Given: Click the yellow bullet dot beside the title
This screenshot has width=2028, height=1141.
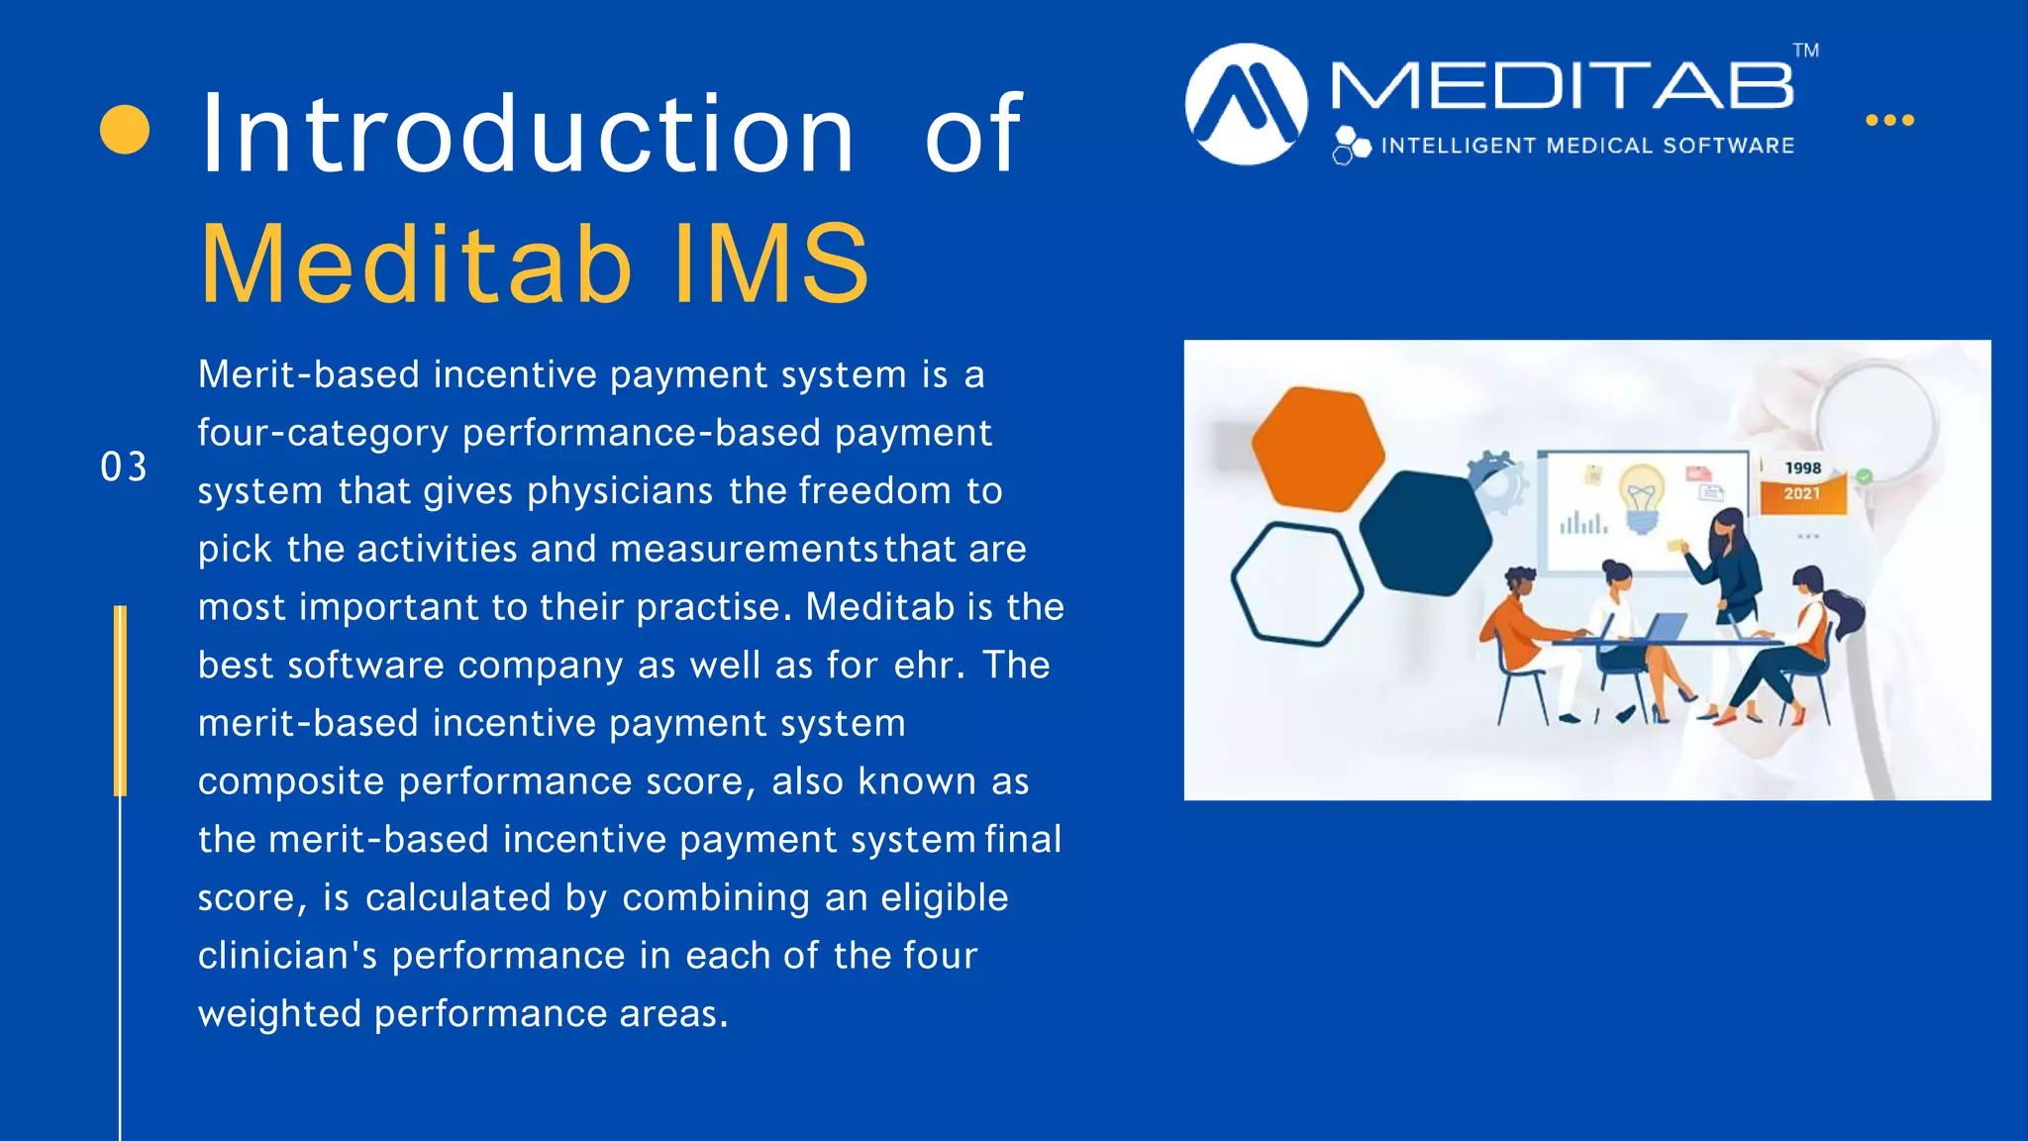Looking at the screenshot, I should [125, 130].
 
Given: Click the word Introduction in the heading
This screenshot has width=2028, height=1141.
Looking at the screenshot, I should [527, 134].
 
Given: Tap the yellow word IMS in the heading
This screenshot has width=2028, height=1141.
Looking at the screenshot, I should [770, 264].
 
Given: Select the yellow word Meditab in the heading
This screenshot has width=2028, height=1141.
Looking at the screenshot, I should [416, 264].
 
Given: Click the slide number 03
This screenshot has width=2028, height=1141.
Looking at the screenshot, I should [124, 467].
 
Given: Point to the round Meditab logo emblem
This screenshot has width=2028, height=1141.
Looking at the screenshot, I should [1246, 104].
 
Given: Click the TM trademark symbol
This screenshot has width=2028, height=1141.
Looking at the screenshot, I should [1805, 51].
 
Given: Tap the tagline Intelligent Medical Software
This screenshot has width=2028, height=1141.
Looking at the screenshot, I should [1586, 147].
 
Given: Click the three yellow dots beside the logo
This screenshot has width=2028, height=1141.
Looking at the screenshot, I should [1889, 120].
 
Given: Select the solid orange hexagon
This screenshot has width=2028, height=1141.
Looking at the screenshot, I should [1318, 449].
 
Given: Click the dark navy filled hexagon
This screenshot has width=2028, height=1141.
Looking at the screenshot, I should [1425, 533].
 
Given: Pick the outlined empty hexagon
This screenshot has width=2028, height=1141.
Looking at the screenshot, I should [1296, 583].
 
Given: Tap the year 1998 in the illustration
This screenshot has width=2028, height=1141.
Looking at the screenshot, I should [1802, 468].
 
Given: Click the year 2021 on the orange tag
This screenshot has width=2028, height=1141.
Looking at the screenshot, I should [1802, 493].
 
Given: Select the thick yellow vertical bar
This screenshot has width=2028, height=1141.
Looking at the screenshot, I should [120, 700].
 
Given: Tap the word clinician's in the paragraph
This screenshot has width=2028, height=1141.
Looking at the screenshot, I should [287, 956].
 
